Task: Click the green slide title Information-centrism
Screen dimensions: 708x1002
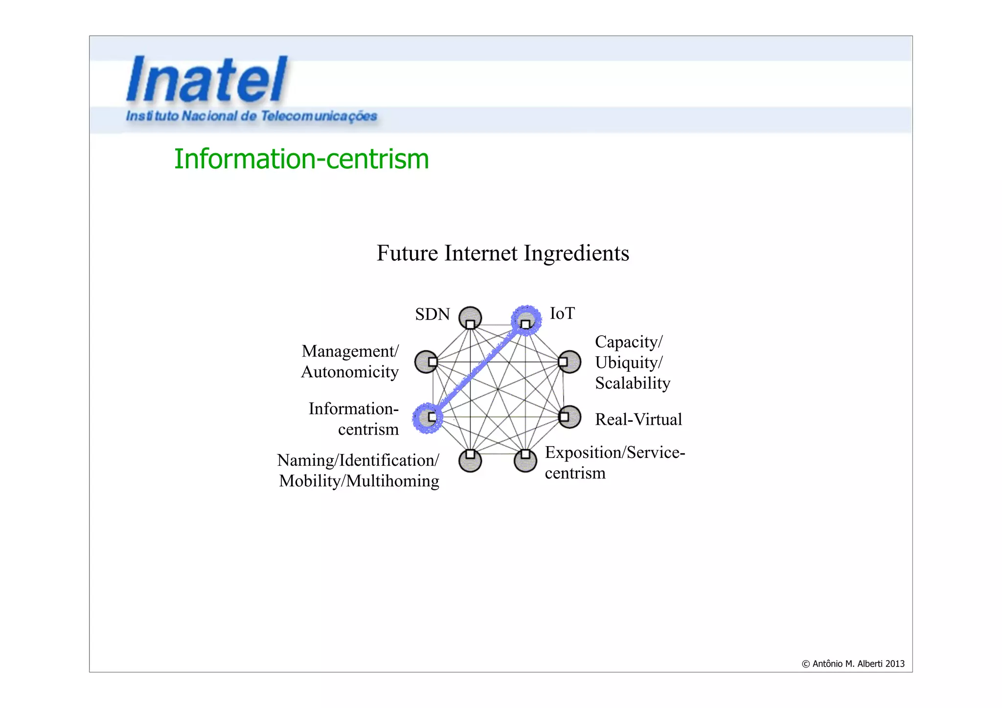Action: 301,159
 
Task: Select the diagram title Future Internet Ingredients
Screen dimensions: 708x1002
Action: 502,253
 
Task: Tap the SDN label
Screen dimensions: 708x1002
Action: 432,314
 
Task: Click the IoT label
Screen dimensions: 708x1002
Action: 562,313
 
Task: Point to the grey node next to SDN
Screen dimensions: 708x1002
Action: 470,318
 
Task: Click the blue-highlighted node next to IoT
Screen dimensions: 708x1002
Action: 526,320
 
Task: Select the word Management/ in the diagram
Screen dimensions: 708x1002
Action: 350,351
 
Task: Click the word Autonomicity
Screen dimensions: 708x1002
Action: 350,372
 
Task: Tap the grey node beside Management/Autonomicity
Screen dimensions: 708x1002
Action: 426,362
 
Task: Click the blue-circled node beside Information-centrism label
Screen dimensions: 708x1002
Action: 427,418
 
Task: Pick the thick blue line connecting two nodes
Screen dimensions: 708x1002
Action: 477,370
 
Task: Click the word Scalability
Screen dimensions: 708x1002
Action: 632,383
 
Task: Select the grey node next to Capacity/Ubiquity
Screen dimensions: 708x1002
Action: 569,362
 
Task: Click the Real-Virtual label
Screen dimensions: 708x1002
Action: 638,419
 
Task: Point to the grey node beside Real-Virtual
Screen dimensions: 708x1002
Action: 569,417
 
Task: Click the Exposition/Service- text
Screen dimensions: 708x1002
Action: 615,453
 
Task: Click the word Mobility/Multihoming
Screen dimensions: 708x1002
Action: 359,481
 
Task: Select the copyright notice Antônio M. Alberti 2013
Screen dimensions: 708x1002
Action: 853,664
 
